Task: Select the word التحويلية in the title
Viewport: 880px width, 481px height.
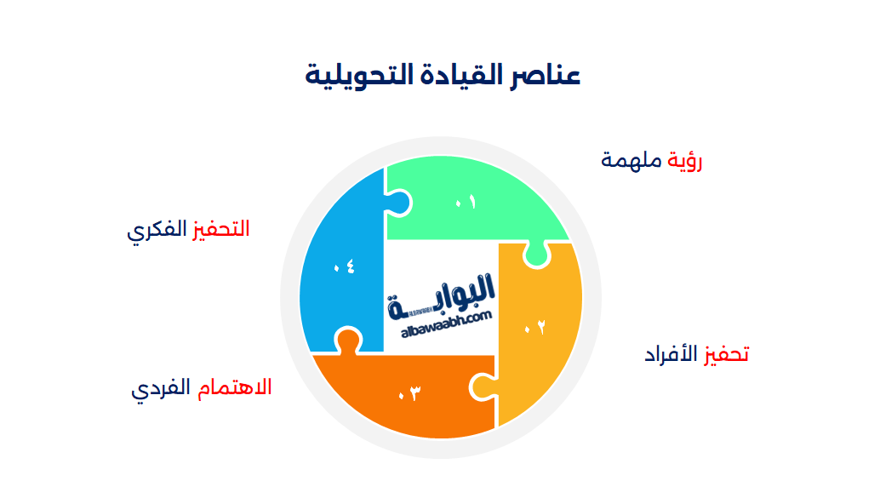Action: [352, 76]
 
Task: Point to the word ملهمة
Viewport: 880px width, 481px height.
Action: [631, 160]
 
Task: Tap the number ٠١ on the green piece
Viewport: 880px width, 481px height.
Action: [465, 202]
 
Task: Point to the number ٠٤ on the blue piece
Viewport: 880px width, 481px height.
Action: [344, 267]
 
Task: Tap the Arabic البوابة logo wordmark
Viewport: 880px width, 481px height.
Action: [443, 295]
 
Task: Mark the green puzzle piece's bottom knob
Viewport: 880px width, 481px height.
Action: [535, 254]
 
